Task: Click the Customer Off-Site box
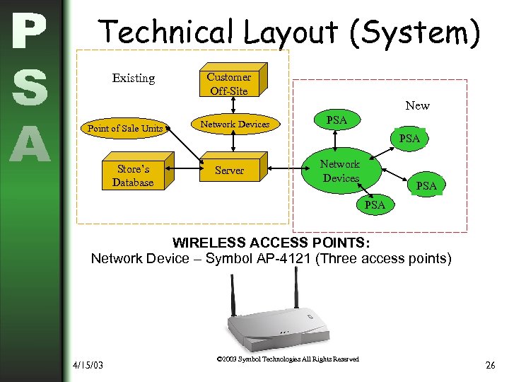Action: coord(229,83)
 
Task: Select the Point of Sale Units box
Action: coord(125,128)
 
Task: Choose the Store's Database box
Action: coord(133,175)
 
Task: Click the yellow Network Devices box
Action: coord(234,125)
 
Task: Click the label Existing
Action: coord(133,78)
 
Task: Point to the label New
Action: coord(417,105)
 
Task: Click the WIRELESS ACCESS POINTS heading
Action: coord(271,243)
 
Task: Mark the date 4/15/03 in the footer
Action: coord(88,365)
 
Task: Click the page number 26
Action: coord(490,365)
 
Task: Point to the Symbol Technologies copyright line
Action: coord(288,359)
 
